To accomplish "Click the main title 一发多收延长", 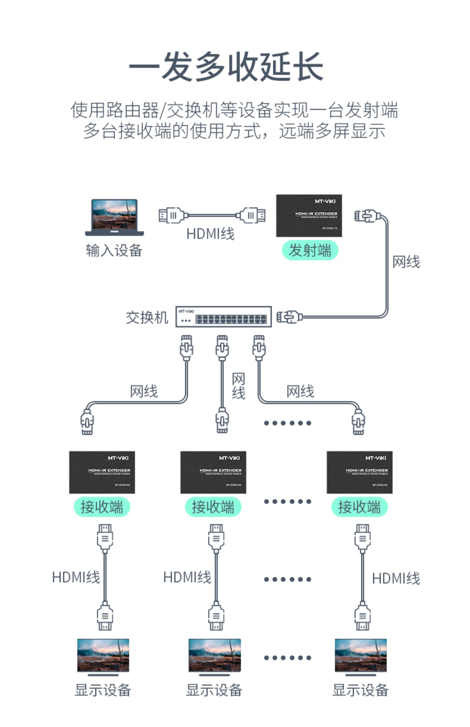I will coord(226,67).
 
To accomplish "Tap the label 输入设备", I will coord(114,250).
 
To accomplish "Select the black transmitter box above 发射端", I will coord(309,215).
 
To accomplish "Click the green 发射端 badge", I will coord(310,250).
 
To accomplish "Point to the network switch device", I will coord(223,317).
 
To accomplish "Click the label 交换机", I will coord(147,317).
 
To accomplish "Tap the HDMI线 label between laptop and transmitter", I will coord(210,234).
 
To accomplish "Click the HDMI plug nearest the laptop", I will coord(171,215).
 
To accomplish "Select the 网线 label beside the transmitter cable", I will coord(406,262).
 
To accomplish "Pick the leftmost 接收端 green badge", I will coord(102,507).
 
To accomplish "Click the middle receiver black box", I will coord(213,472).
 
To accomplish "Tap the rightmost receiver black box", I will coord(359,472).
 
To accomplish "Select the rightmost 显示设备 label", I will coord(360,690).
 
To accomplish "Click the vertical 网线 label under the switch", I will coord(238,386).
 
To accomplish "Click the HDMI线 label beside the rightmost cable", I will coord(396,578).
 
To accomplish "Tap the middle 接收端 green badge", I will coord(213,507).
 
